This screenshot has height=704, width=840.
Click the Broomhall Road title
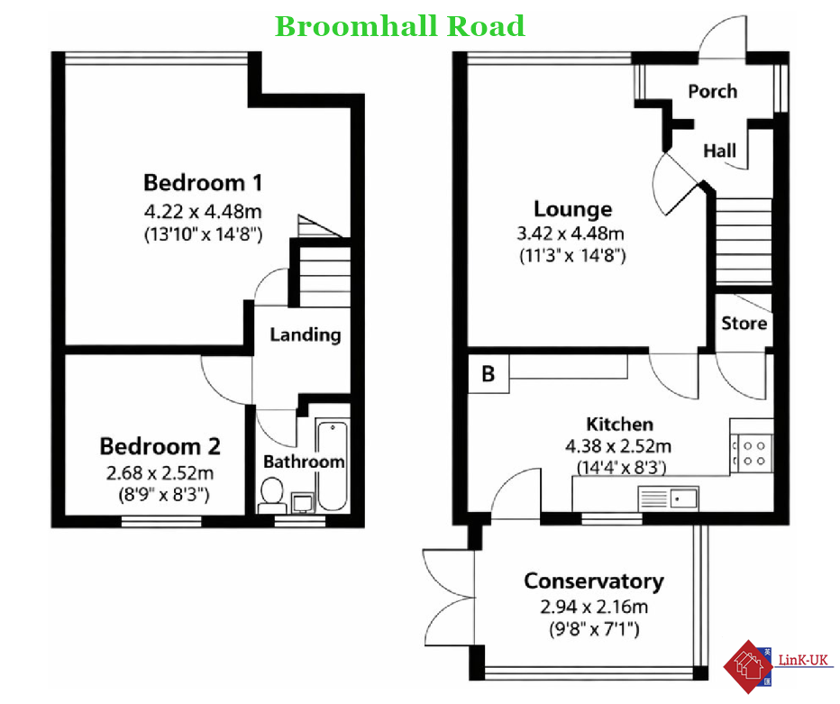(x=399, y=26)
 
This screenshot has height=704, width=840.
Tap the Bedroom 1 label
(x=203, y=183)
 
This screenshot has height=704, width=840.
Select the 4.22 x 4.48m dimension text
(x=203, y=211)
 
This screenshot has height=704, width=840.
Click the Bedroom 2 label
(x=160, y=446)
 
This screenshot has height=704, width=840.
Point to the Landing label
(x=306, y=334)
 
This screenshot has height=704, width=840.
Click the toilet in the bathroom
(x=271, y=496)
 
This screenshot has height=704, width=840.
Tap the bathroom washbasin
(x=303, y=503)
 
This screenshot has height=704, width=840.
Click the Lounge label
(x=572, y=209)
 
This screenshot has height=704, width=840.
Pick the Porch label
(x=713, y=92)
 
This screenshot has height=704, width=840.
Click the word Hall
(x=719, y=151)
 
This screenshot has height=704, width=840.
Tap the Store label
(x=744, y=323)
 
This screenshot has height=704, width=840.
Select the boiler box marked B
(x=488, y=373)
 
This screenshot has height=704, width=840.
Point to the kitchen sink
(x=669, y=498)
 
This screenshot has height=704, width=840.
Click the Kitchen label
(x=620, y=425)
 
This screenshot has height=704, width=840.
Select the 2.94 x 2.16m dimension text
(x=594, y=607)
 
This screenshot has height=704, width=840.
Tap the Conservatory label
(x=594, y=581)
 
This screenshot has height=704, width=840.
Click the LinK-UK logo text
(x=803, y=661)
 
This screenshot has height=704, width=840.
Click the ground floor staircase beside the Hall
(x=744, y=241)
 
